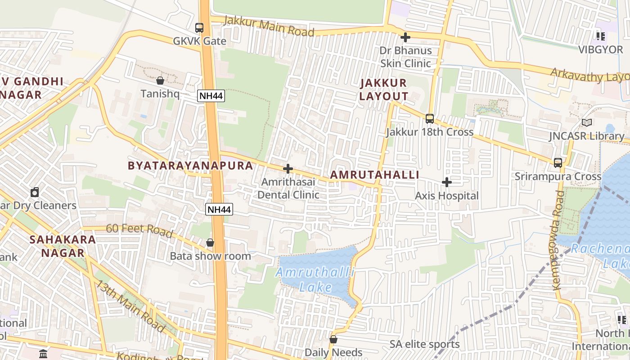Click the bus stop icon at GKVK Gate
click(x=199, y=28)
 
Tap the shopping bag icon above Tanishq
click(x=160, y=81)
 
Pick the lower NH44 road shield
click(x=219, y=209)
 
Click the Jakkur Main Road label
click(x=269, y=27)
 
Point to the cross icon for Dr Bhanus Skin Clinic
click(x=405, y=37)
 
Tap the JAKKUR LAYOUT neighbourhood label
click(x=383, y=90)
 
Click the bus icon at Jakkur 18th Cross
click(x=430, y=119)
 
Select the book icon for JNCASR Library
click(x=586, y=122)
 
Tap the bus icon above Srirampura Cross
click(x=558, y=163)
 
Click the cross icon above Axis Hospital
click(x=446, y=182)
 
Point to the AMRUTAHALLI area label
click(x=374, y=175)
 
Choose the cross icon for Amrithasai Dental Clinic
click(x=288, y=169)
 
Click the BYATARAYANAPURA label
click(x=190, y=166)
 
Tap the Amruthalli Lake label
click(x=315, y=279)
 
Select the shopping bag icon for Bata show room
click(x=210, y=243)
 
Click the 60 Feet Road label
click(x=139, y=230)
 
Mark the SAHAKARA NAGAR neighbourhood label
click(x=63, y=246)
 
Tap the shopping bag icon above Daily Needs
click(x=333, y=339)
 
